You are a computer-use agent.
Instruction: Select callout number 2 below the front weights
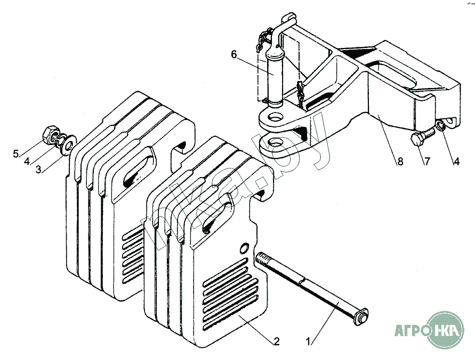tap(276, 341)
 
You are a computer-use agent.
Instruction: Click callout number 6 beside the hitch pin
tap(233, 54)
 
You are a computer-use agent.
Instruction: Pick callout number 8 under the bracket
tap(399, 162)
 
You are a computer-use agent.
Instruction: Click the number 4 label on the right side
tap(456, 162)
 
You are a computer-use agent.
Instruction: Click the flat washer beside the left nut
tap(68, 144)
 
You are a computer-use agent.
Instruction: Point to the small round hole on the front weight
tap(244, 247)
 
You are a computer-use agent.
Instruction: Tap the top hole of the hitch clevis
tap(276, 117)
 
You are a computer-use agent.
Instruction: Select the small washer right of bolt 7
tap(441, 126)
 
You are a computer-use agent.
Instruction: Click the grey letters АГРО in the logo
tap(412, 329)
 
